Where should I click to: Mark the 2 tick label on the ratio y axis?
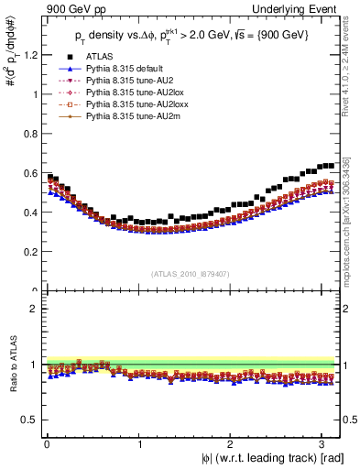(34, 309)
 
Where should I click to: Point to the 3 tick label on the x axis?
(325, 443)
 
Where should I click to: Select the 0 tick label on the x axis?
(46, 443)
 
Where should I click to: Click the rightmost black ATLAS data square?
(332, 166)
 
